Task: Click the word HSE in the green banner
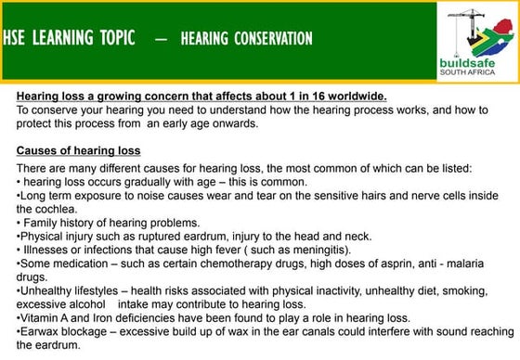(15, 38)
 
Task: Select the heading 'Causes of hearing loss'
(78, 150)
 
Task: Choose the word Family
(41, 223)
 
